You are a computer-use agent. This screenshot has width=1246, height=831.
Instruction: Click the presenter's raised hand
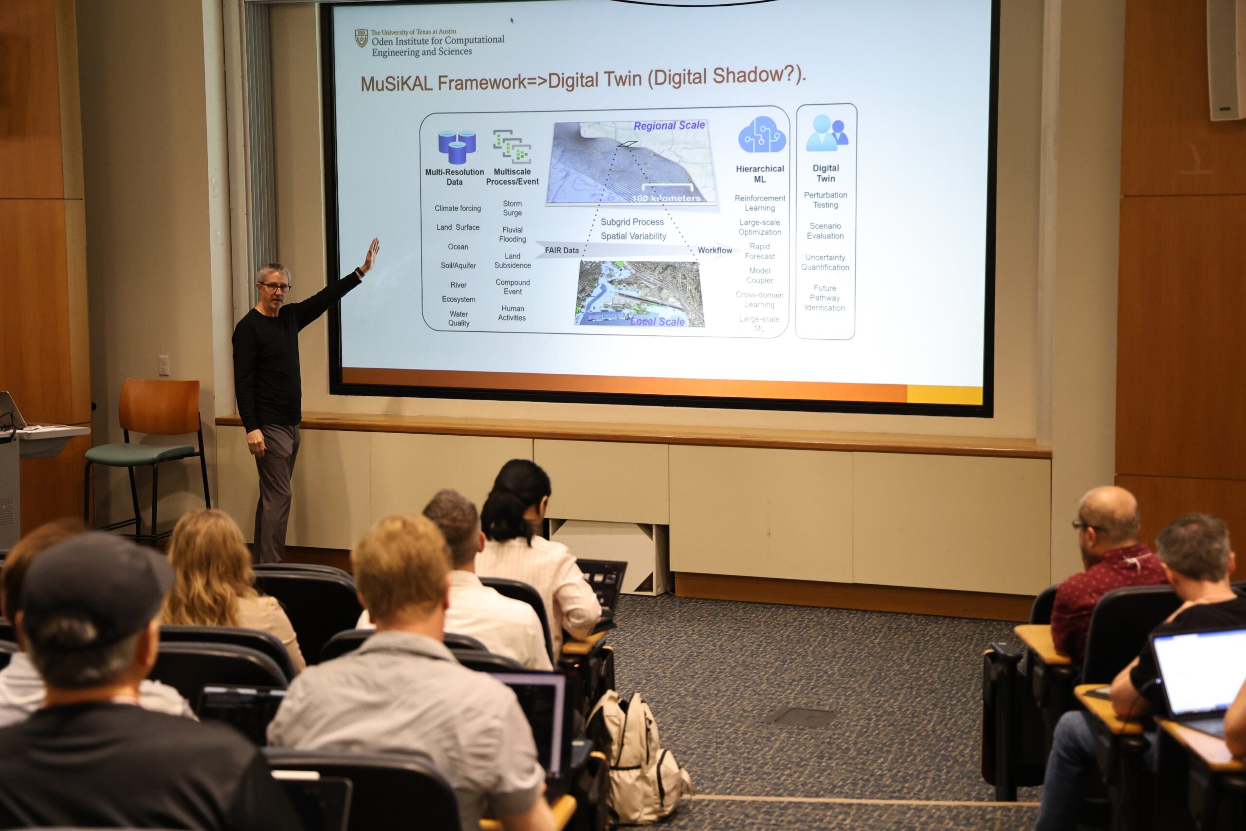[372, 252]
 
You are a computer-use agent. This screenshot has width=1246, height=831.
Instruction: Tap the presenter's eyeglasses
[275, 287]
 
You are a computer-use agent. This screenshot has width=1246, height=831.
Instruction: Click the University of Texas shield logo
[361, 38]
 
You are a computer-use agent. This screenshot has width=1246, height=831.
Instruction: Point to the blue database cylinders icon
[457, 147]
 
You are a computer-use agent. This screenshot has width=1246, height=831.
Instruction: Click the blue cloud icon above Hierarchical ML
[761, 135]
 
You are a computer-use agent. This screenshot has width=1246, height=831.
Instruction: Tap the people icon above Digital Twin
[826, 133]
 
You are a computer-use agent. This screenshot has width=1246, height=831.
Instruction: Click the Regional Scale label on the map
[669, 126]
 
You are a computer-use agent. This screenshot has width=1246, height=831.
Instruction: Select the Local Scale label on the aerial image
[658, 321]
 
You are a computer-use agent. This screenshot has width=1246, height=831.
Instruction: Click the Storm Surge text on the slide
[513, 208]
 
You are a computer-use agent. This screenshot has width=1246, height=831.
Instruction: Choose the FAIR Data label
[562, 250]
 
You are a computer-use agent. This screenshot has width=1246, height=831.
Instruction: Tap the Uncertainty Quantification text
[825, 262]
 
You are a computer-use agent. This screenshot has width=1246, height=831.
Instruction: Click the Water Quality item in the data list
[459, 318]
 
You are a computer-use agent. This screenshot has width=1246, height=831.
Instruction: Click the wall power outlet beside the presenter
[164, 365]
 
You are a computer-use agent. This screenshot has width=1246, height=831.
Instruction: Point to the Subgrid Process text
[632, 222]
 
